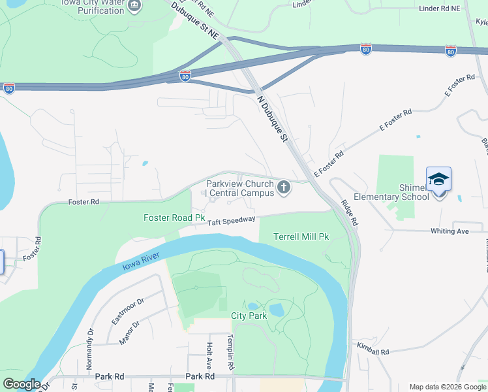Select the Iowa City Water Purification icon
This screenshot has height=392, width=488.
pos(134,6)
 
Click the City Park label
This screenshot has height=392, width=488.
pos(249,316)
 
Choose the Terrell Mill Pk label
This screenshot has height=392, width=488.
pos(301,236)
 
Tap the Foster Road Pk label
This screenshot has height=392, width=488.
pos(175,218)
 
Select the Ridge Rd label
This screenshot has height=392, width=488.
pos(350,214)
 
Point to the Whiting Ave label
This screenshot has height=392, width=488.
pos(450,231)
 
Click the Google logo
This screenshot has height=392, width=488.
pos(22,384)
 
